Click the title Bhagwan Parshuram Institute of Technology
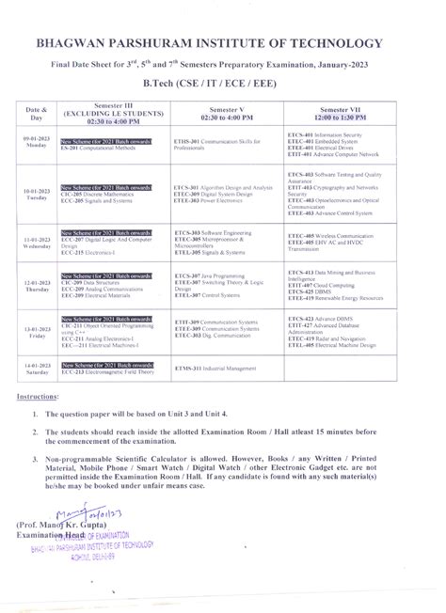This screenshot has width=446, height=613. (222, 43)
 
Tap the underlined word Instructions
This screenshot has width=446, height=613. (40, 397)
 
